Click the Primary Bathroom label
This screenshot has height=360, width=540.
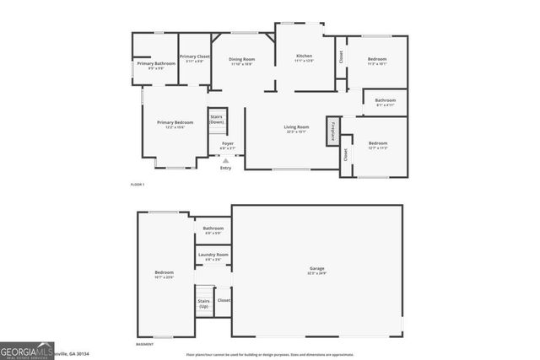point(156,64)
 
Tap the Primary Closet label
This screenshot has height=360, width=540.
point(194,57)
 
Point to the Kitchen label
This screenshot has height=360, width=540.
point(304,56)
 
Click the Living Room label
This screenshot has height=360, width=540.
point(296,127)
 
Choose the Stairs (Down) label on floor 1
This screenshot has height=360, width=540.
point(217,120)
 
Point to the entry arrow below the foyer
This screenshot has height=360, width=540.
point(225,159)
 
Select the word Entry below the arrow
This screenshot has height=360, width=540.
point(225,168)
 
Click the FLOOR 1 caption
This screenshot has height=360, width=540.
point(138,184)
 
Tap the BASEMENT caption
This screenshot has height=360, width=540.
point(145,344)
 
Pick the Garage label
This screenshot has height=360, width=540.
point(316,271)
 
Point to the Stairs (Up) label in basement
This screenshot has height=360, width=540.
point(203,303)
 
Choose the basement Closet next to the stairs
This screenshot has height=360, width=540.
point(224,300)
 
